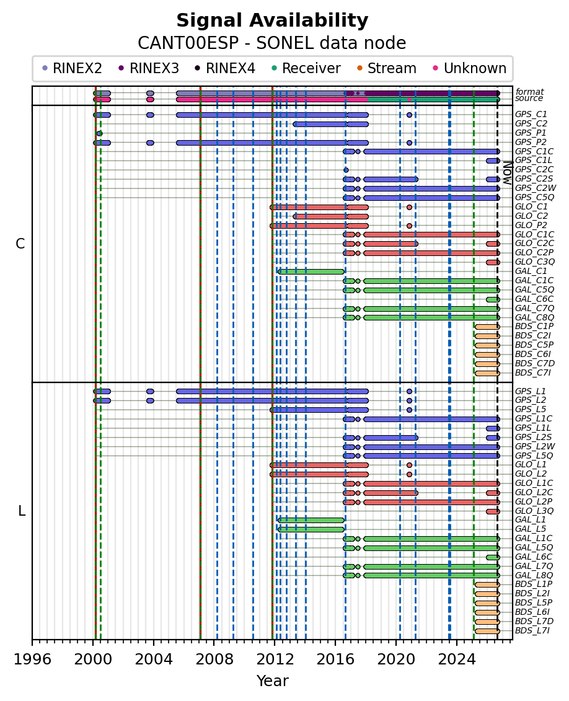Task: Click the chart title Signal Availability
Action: point(272,20)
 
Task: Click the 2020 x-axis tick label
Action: point(395,659)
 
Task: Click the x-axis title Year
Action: point(272,681)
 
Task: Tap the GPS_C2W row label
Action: point(536,188)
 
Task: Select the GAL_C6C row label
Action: point(534,299)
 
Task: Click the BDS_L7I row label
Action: point(532,631)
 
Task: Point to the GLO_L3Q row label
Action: point(534,511)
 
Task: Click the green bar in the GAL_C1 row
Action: point(311,271)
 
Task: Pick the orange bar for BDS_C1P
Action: point(487,327)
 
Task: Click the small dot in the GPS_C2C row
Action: point(346,170)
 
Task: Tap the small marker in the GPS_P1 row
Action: point(99,133)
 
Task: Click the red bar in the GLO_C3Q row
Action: point(493,262)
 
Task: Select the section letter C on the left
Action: point(20,244)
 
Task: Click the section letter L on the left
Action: point(22,511)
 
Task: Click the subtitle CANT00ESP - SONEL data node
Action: point(271,43)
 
